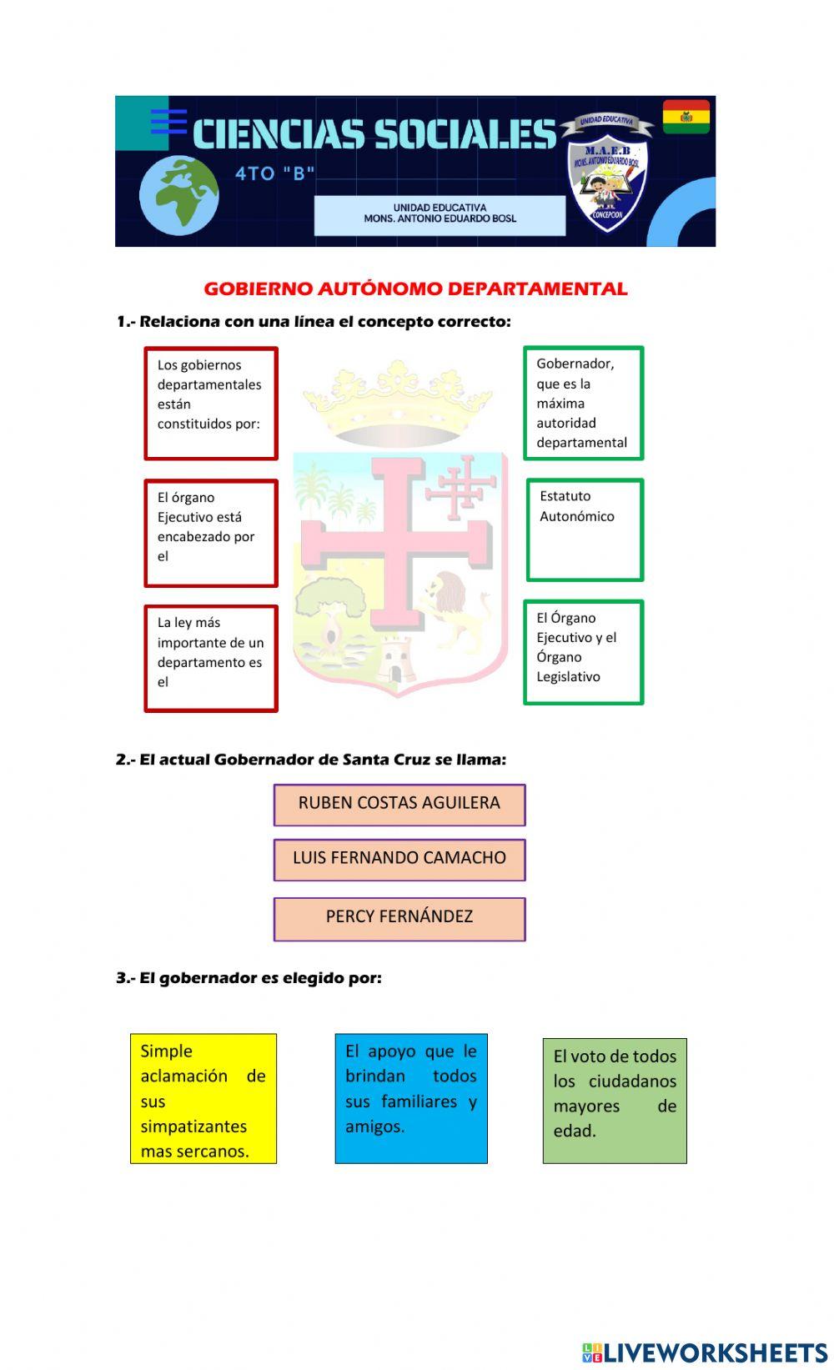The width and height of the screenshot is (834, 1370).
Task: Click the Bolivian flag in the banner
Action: [686, 117]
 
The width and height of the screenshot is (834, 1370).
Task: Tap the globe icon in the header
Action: [179, 196]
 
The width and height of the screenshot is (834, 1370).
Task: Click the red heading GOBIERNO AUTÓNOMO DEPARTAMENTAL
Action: [415, 289]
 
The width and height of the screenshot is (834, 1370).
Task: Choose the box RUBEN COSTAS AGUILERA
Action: [399, 804]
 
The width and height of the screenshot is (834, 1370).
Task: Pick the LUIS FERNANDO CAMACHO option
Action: [399, 859]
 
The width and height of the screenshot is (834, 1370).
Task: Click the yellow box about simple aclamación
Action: [203, 1098]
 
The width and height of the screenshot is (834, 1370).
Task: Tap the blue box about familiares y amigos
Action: [411, 1098]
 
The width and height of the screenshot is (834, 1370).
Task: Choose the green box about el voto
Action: [615, 1100]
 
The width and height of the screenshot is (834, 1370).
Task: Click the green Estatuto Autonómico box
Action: [585, 529]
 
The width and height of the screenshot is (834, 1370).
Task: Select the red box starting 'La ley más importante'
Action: [211, 658]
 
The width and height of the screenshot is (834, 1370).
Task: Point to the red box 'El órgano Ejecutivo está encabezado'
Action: [211, 533]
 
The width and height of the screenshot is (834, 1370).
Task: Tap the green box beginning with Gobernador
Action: [583, 403]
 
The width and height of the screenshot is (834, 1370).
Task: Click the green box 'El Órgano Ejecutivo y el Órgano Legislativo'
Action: [583, 652]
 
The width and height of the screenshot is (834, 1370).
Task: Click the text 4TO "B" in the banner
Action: [275, 174]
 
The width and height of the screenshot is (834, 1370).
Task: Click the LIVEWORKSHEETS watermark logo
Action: [704, 1352]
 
